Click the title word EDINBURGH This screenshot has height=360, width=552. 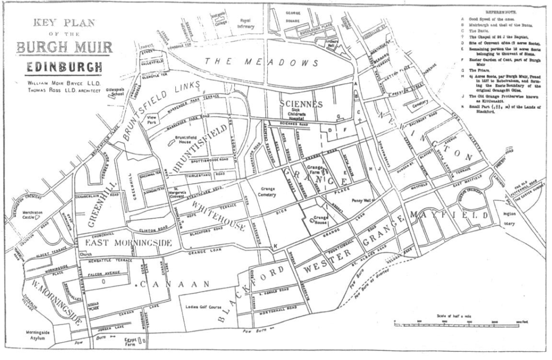(x=64, y=67)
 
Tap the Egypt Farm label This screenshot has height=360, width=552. (x=130, y=341)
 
